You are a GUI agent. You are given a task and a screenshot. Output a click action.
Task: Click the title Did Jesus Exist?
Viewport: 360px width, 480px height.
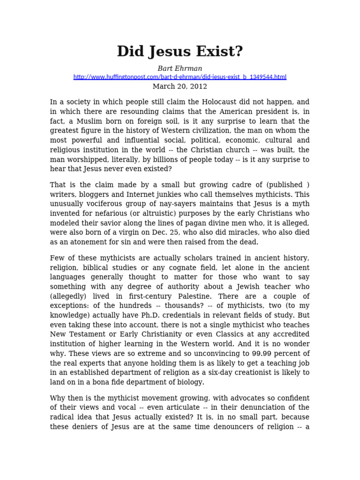pyautogui.click(x=180, y=52)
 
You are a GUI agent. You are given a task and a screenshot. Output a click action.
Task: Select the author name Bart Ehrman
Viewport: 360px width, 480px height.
pyautogui.click(x=180, y=68)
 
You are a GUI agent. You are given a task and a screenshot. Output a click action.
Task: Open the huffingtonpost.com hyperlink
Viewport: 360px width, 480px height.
pyautogui.click(x=180, y=77)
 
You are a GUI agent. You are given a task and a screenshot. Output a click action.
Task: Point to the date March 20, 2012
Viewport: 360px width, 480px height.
pyautogui.click(x=180, y=86)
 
